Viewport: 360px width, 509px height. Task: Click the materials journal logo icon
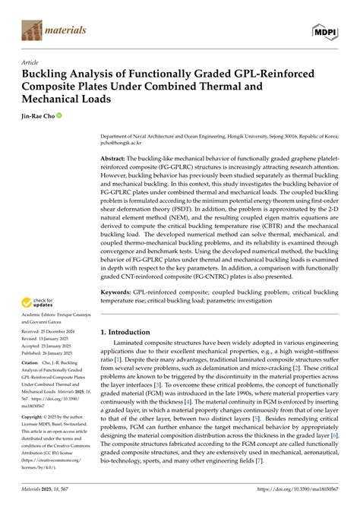30,30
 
